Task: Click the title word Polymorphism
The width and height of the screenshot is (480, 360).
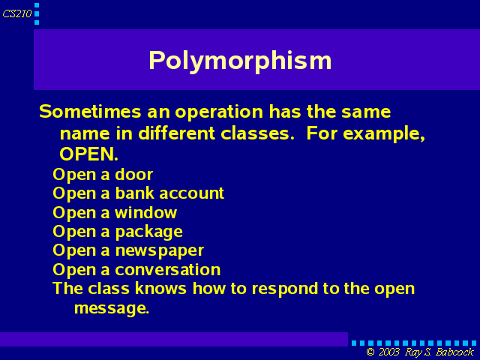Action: coord(240,61)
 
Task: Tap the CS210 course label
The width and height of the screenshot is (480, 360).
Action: coord(17,13)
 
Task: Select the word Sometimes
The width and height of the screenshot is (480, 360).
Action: coord(90,111)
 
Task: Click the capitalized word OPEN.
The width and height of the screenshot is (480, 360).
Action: coord(88,154)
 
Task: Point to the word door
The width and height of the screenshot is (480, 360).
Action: coord(133,175)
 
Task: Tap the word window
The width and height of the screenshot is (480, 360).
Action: coord(146,212)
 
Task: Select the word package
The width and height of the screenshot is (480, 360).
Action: coord(149,232)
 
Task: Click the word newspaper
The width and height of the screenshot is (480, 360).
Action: coord(160,251)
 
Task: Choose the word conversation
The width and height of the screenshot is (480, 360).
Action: coord(168,270)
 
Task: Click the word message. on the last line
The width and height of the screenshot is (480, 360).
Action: coord(112,308)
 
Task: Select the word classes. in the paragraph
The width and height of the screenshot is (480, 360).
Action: coord(258,133)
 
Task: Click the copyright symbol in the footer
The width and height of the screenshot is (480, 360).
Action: coord(370,352)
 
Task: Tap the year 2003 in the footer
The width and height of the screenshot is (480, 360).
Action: coord(389,352)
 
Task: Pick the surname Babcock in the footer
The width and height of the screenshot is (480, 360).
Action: coord(455,352)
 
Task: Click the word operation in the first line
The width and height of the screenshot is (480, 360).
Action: coord(219,112)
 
